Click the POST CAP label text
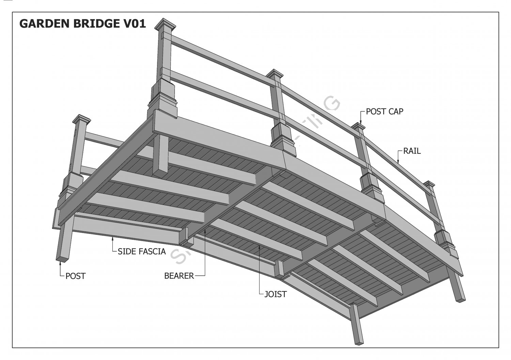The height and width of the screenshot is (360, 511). tap(384, 111)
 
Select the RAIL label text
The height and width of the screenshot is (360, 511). tap(412, 151)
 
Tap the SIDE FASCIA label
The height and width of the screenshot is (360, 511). tap(142, 252)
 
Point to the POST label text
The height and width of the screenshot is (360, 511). tap(75, 276)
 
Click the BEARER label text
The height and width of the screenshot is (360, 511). tap(179, 275)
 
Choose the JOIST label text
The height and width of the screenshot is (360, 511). tap(276, 294)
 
